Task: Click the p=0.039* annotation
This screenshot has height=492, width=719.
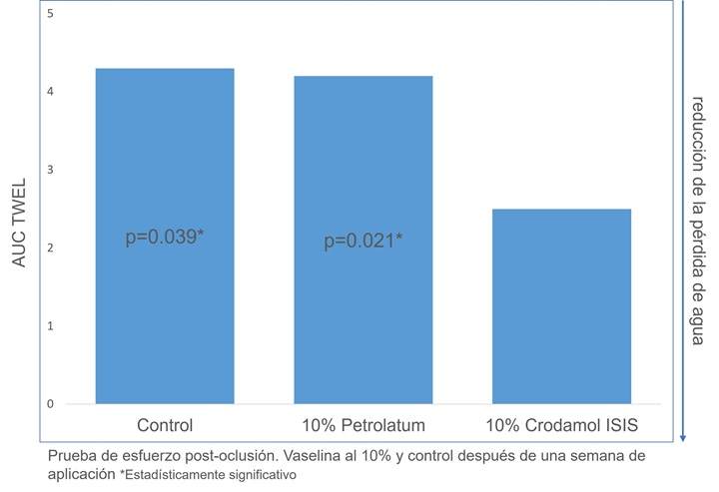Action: click(x=165, y=238)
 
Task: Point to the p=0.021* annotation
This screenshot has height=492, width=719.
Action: click(x=362, y=243)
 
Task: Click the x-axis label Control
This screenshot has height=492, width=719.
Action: click(x=164, y=425)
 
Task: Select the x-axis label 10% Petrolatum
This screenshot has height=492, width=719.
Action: click(x=362, y=425)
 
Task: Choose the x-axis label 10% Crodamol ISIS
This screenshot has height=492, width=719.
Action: click(x=561, y=425)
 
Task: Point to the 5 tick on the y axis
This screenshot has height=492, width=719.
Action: click(x=51, y=14)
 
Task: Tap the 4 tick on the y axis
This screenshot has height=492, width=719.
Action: click(x=51, y=92)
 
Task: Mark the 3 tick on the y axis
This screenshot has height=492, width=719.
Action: click(x=51, y=171)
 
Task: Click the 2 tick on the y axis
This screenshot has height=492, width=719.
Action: click(x=51, y=248)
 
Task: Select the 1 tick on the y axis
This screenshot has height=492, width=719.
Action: click(x=51, y=326)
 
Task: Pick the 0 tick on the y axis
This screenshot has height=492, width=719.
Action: click(x=51, y=404)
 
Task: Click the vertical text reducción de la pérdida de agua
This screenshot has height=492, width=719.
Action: click(x=697, y=222)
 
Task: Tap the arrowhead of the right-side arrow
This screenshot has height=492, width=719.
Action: click(x=682, y=437)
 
